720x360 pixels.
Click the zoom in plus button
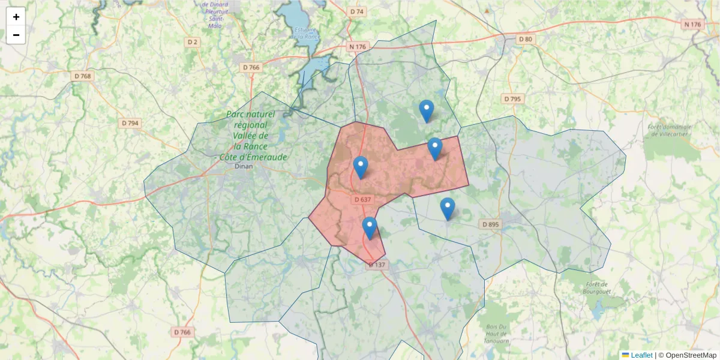click(16, 17)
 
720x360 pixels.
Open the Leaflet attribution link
click(641, 355)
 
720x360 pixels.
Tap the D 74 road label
click(357, 11)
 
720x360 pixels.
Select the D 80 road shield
click(525, 39)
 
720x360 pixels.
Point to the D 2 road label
click(193, 42)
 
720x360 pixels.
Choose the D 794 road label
click(130, 123)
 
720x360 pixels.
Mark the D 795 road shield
click(512, 98)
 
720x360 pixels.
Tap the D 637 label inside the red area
click(363, 199)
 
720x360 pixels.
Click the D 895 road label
click(490, 224)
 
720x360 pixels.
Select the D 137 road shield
click(378, 265)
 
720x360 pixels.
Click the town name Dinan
click(244, 167)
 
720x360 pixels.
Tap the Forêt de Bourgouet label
click(596, 288)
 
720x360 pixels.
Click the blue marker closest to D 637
click(360, 167)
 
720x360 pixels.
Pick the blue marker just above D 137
click(370, 228)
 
